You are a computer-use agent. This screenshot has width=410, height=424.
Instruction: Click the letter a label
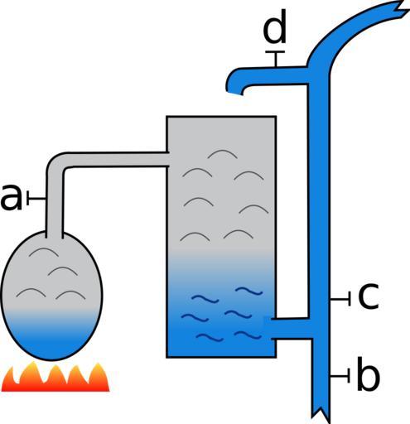[x=11, y=198]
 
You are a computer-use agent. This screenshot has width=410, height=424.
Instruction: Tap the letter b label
[x=368, y=374]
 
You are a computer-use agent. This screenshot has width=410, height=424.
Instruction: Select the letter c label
[x=369, y=296]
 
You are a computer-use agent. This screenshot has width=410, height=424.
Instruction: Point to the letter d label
[x=274, y=26]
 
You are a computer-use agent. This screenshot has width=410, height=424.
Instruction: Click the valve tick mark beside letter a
[x=36, y=198]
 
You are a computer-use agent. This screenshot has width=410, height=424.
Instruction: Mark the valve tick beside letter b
[x=340, y=375]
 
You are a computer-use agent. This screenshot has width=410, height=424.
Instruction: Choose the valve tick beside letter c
[x=340, y=299]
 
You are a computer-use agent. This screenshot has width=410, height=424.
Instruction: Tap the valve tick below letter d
[x=275, y=59]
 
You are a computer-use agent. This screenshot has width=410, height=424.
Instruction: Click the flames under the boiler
[x=55, y=378]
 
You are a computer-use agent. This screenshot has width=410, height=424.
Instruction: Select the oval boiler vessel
[x=52, y=296]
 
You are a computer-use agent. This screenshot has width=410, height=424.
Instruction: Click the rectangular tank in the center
[x=221, y=237]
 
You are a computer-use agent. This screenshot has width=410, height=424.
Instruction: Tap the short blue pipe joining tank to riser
[x=292, y=328]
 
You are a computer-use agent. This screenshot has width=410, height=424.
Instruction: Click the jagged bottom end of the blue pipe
[x=321, y=413]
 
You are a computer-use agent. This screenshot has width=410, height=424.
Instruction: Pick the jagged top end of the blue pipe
[x=398, y=9]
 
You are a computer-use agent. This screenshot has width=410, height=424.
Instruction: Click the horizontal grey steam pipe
[x=116, y=159]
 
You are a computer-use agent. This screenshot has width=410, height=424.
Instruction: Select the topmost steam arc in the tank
[x=222, y=153]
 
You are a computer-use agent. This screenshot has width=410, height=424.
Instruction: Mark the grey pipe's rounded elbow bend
[x=56, y=163]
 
